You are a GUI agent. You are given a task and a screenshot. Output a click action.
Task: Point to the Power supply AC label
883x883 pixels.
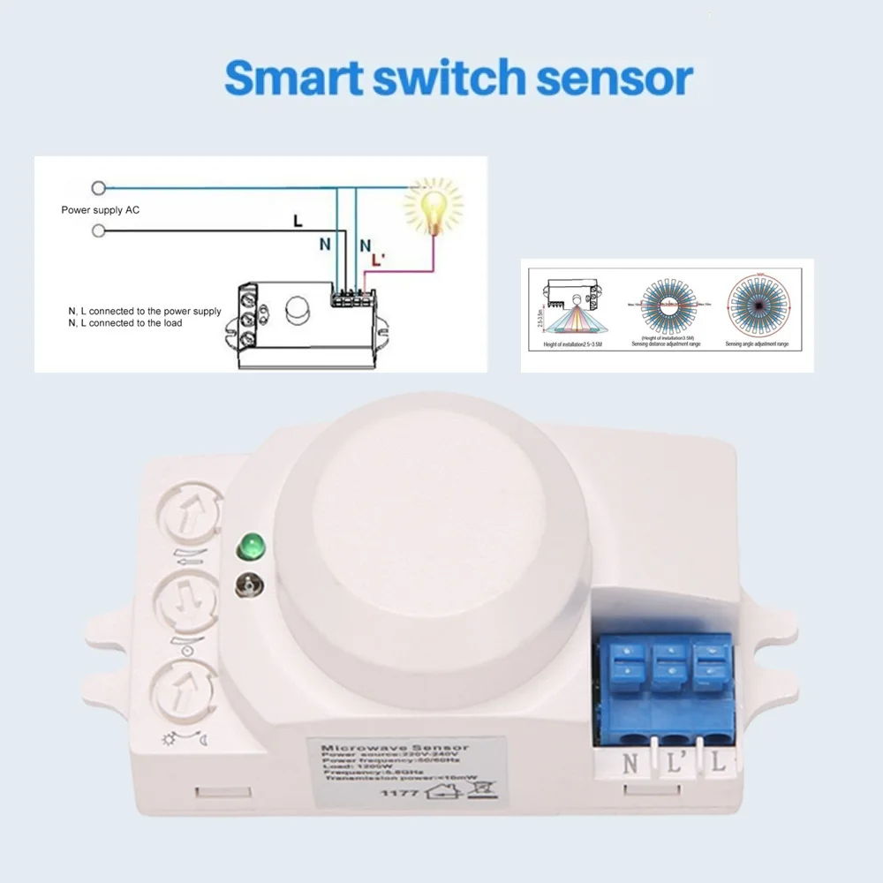pyautogui.click(x=100, y=210)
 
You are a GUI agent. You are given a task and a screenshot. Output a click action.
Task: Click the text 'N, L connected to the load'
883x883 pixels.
pyautogui.click(x=125, y=323)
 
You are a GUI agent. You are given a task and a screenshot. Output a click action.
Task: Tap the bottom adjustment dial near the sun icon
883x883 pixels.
pyautogui.click(x=188, y=689)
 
